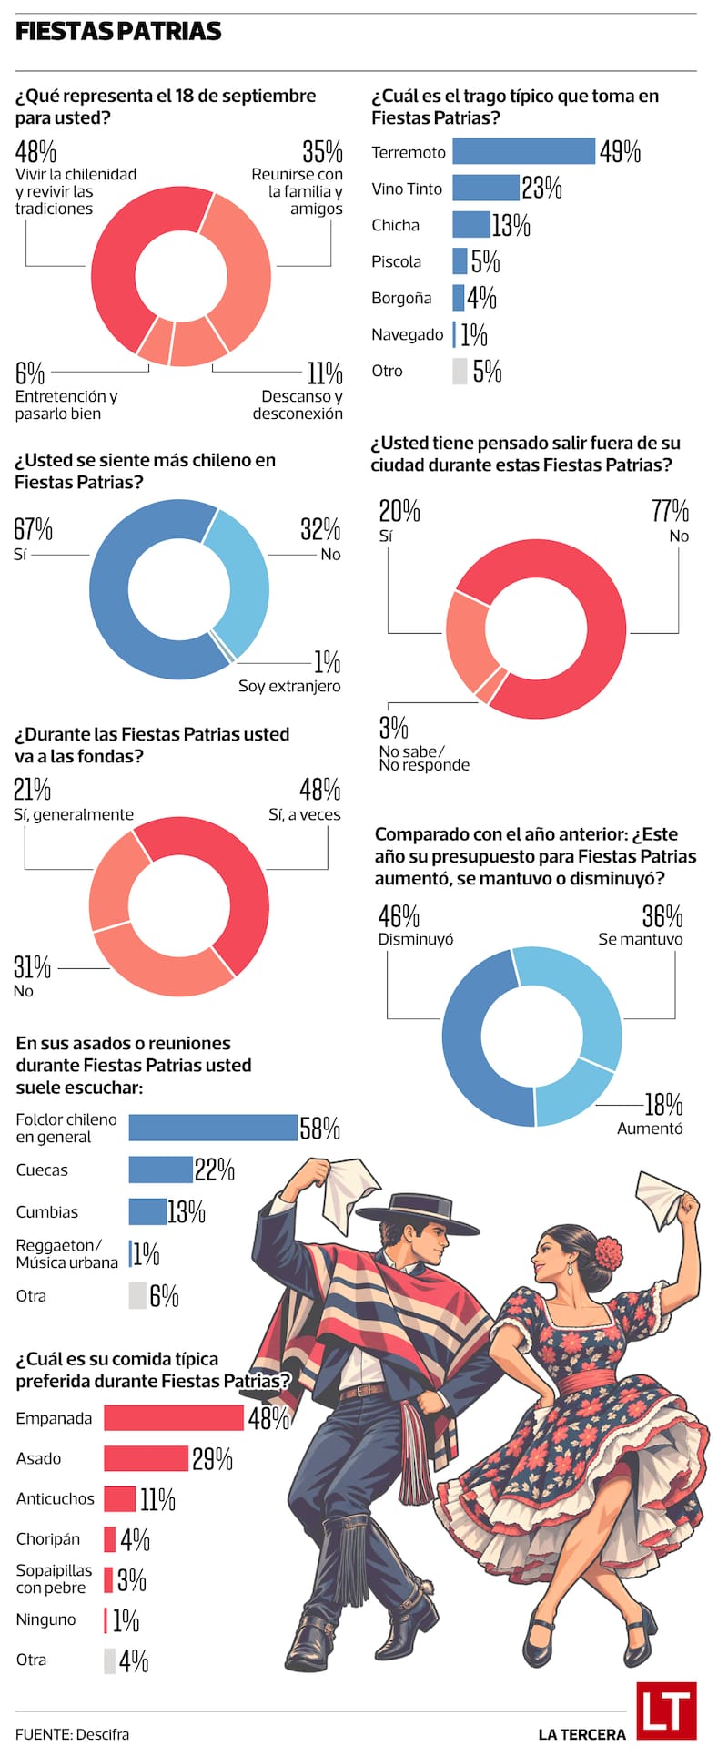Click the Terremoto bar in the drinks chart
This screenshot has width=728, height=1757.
click(x=523, y=151)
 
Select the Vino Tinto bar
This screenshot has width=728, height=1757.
click(x=486, y=188)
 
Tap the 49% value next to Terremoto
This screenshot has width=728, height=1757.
click(x=620, y=151)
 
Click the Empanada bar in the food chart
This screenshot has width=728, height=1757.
click(x=174, y=1417)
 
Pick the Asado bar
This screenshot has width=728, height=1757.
click(x=146, y=1458)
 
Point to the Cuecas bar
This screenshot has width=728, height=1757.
click(x=160, y=1170)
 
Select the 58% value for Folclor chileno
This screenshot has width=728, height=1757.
click(x=320, y=1128)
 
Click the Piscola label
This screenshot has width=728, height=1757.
click(x=397, y=261)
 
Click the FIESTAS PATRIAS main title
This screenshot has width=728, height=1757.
click(x=118, y=32)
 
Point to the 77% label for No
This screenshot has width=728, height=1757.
click(x=670, y=510)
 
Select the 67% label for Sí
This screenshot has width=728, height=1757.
click(x=33, y=528)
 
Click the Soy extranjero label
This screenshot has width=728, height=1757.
click(x=289, y=686)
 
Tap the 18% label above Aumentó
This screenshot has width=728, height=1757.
click(x=663, y=1104)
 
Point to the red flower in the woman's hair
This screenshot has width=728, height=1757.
click(x=609, y=1253)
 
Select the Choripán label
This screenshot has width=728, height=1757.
click(x=48, y=1539)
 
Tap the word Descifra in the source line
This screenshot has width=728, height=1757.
click(x=103, y=1734)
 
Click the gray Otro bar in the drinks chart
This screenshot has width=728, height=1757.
click(x=460, y=371)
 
